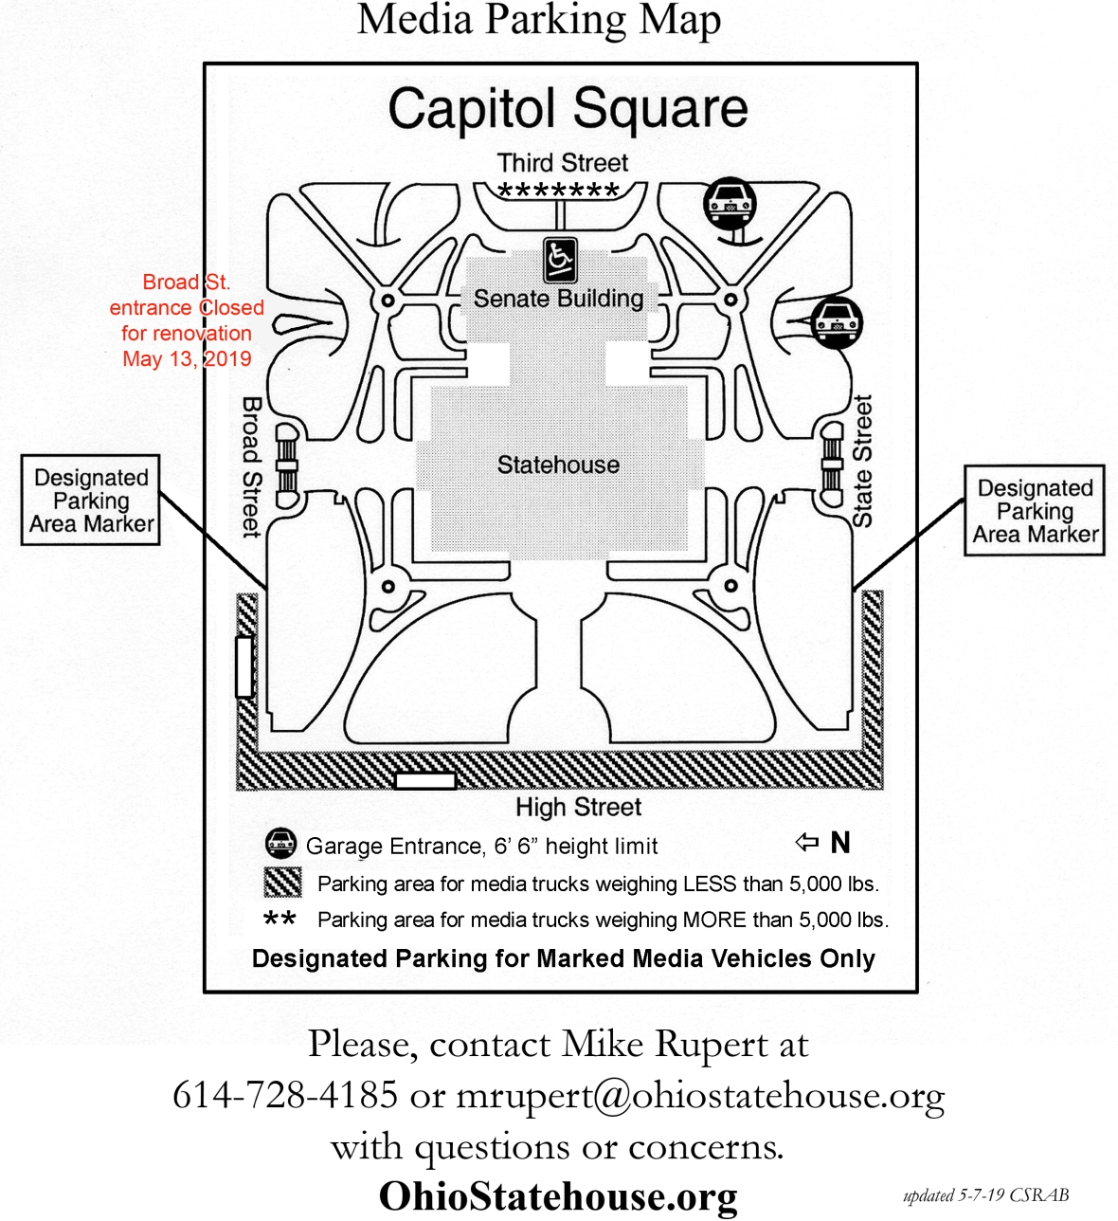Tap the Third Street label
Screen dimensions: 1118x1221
[x=563, y=162]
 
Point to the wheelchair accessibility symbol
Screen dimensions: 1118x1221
[x=560, y=261]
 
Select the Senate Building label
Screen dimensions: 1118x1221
[x=558, y=299]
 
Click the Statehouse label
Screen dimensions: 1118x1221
[x=558, y=465]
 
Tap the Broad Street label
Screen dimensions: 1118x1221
[x=252, y=467]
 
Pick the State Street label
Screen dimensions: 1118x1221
[x=862, y=461]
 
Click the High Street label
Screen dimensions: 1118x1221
[x=578, y=807]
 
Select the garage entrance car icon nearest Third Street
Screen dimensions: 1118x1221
[x=730, y=204]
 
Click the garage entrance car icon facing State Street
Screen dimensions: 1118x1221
[x=837, y=322]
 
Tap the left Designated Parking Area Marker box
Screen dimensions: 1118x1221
[x=91, y=500]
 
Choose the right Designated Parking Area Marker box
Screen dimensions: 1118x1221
[x=1035, y=510]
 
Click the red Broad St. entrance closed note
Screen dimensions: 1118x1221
[x=187, y=320]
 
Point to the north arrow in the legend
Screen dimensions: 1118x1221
[x=806, y=843]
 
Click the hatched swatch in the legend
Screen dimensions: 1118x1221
[x=282, y=882]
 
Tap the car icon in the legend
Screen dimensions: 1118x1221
[x=281, y=844]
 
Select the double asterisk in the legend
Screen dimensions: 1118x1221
[x=279, y=918]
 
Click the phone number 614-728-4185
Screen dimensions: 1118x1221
[x=285, y=1094]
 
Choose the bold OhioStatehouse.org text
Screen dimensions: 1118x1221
[x=558, y=1196]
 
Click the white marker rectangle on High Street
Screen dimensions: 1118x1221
[x=424, y=781]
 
